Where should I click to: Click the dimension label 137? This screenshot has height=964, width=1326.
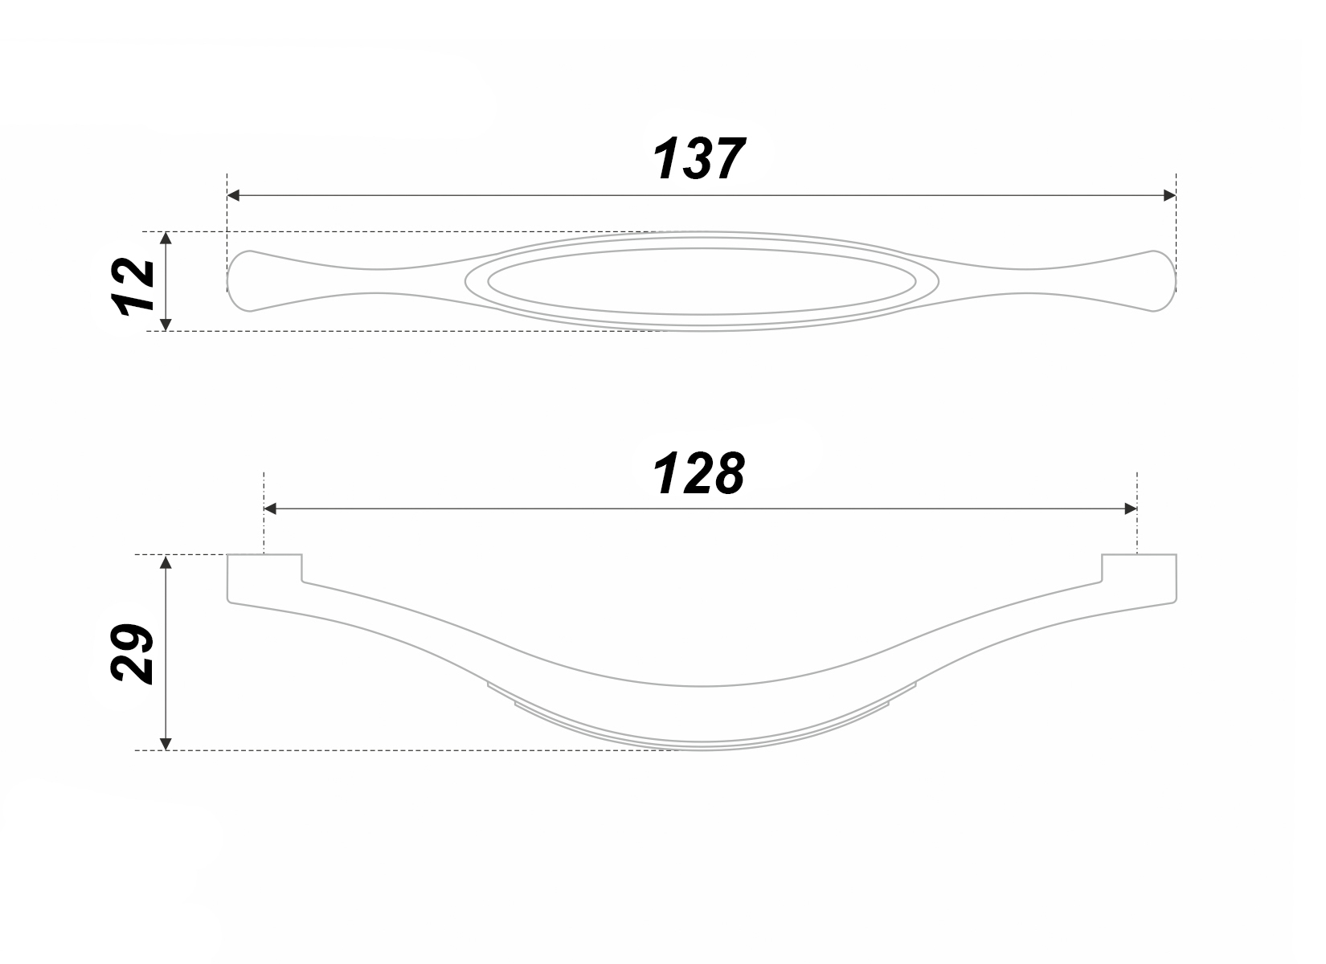(x=698, y=158)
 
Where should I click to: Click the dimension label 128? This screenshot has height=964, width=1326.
(x=698, y=472)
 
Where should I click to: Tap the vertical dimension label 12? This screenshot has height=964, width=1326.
(x=133, y=287)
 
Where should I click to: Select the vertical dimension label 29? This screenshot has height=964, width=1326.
(x=132, y=653)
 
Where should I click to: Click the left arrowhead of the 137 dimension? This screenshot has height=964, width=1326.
(x=233, y=195)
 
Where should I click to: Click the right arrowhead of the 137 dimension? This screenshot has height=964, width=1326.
(x=1170, y=195)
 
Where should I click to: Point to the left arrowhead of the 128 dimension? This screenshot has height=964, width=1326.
(x=270, y=509)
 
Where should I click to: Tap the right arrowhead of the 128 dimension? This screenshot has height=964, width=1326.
(x=1131, y=509)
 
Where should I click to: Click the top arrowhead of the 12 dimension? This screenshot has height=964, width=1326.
(x=166, y=238)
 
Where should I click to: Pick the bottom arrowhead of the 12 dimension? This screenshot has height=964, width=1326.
(x=166, y=325)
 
